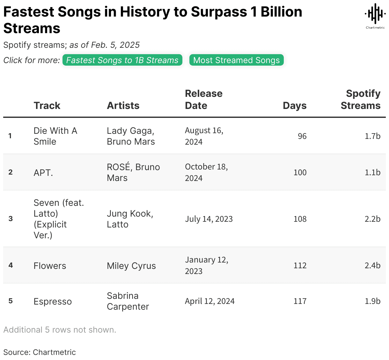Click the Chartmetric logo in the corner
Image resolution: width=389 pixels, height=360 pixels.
375,16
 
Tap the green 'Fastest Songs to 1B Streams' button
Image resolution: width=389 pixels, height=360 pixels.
122,60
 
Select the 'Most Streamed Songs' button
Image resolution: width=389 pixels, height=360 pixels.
236,60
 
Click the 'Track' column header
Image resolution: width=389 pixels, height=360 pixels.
47,105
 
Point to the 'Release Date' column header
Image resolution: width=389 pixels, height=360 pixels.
203,99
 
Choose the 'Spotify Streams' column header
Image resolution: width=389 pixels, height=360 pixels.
361,99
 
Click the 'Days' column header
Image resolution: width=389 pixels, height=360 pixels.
294,105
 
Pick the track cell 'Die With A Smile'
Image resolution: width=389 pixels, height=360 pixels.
55,136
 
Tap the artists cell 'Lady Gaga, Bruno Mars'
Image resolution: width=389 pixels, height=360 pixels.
131,136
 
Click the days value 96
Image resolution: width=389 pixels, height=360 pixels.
302,136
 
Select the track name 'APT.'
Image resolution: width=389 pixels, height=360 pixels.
43,173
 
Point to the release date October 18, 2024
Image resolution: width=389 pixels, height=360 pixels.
206,172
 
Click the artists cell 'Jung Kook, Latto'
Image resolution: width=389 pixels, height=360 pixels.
130,219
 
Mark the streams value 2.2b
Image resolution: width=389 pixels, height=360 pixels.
372,219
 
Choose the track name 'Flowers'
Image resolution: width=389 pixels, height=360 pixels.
50,266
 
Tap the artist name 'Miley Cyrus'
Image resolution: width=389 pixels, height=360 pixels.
131,266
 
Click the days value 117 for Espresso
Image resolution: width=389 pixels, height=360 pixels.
300,301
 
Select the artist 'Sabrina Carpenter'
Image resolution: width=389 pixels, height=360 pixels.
128,301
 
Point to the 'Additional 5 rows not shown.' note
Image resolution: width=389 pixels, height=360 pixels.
60,330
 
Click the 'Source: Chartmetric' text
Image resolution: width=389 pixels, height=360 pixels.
40,352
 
